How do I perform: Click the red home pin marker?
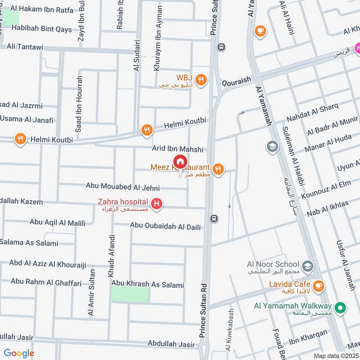pos(180,162)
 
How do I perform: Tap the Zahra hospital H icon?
pos(157,205)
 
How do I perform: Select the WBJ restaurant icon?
pos(201,80)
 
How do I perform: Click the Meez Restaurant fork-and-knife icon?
pos(218,169)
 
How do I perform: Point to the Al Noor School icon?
pos(308,265)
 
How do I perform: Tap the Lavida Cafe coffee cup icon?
pos(318,285)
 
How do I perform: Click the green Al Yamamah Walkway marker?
pos(341,308)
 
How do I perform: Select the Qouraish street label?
pos(235,84)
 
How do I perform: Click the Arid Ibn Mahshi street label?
pos(178,149)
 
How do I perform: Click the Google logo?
pos(19,353)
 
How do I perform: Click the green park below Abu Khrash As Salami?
pos(130,295)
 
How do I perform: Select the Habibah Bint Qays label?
pos(41,29)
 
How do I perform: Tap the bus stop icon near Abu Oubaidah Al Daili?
pos(215,218)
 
